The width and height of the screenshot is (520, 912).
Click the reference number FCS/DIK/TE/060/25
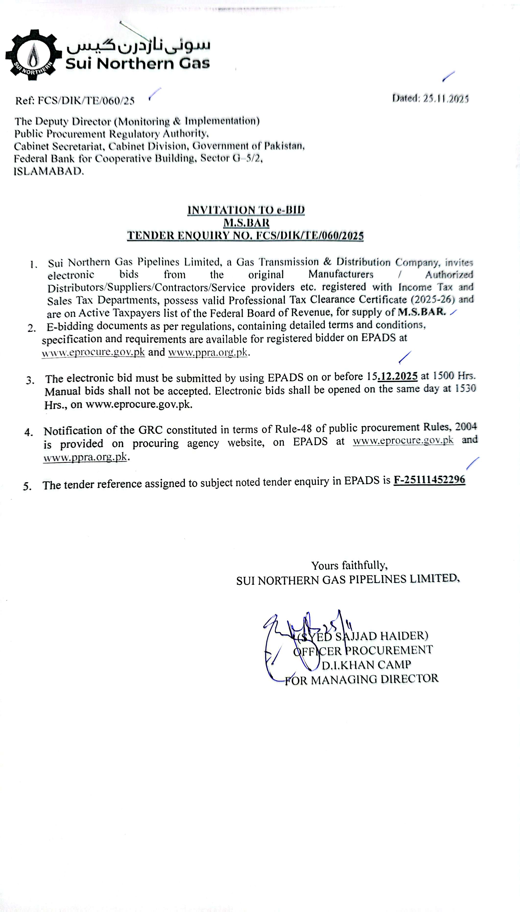(x=86, y=101)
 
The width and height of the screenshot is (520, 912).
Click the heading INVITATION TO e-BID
(x=246, y=210)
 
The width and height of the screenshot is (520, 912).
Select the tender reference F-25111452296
(x=429, y=479)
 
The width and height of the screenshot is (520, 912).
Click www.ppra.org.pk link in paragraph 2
(x=208, y=352)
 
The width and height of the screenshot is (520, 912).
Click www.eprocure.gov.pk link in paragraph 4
(x=403, y=440)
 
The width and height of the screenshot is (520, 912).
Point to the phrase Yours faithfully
(x=349, y=566)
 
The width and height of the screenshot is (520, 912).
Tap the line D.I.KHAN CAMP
(x=366, y=664)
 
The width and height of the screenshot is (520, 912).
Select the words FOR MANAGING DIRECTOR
(x=361, y=679)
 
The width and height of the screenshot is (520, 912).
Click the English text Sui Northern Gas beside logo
(x=138, y=64)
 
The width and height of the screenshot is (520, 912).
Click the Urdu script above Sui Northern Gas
(x=139, y=45)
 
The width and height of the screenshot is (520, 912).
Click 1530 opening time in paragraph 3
(x=465, y=388)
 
